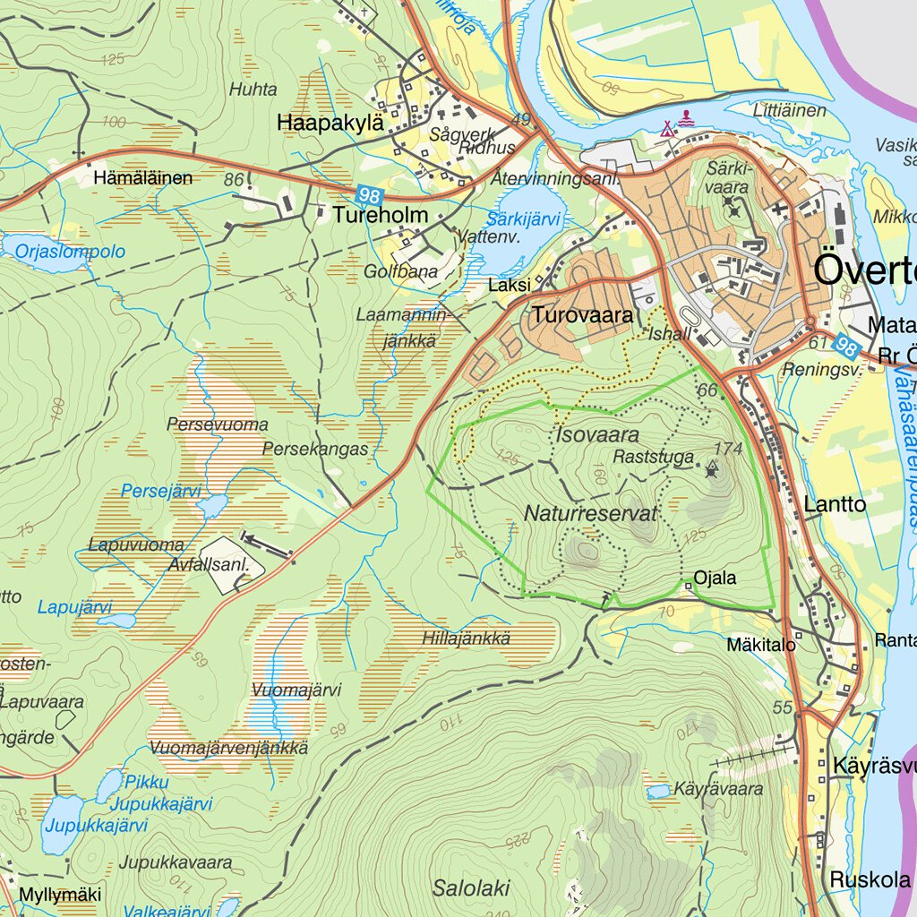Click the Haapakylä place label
[330, 123]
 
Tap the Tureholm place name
[381, 216]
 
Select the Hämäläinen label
[142, 178]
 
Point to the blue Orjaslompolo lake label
[70, 252]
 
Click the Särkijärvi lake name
[524, 219]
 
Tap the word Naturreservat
[591, 514]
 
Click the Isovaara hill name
[597, 436]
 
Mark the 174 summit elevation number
[729, 449]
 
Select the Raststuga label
[654, 458]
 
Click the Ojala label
[715, 578]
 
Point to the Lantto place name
[835, 504]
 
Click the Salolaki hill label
[471, 888]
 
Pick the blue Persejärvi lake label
[161, 492]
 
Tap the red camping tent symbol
[667, 129]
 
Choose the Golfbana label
[400, 271]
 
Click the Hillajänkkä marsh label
[466, 638]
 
